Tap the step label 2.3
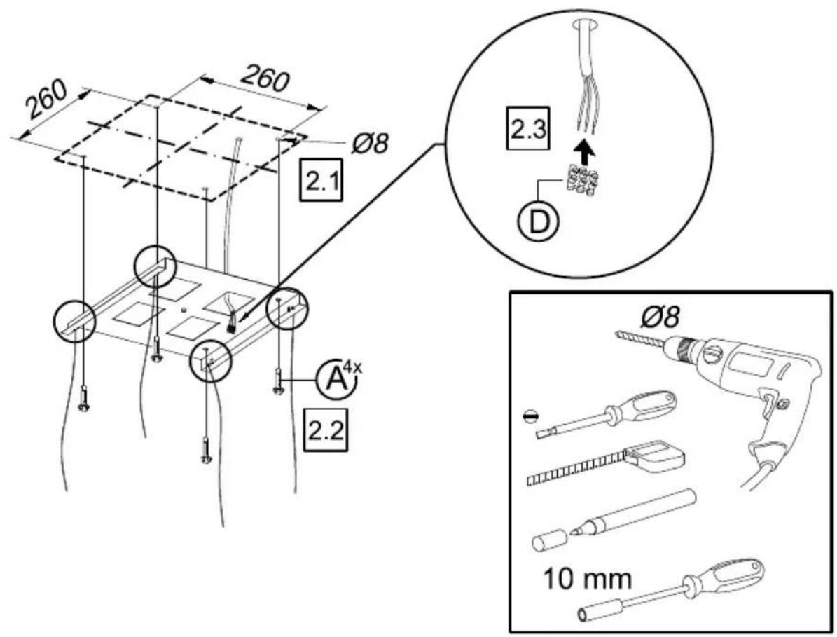(527, 130)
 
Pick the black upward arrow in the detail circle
(587, 151)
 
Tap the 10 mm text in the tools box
(587, 578)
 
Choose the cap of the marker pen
(548, 540)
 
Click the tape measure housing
(656, 453)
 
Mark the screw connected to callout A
(277, 381)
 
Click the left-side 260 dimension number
(47, 100)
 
